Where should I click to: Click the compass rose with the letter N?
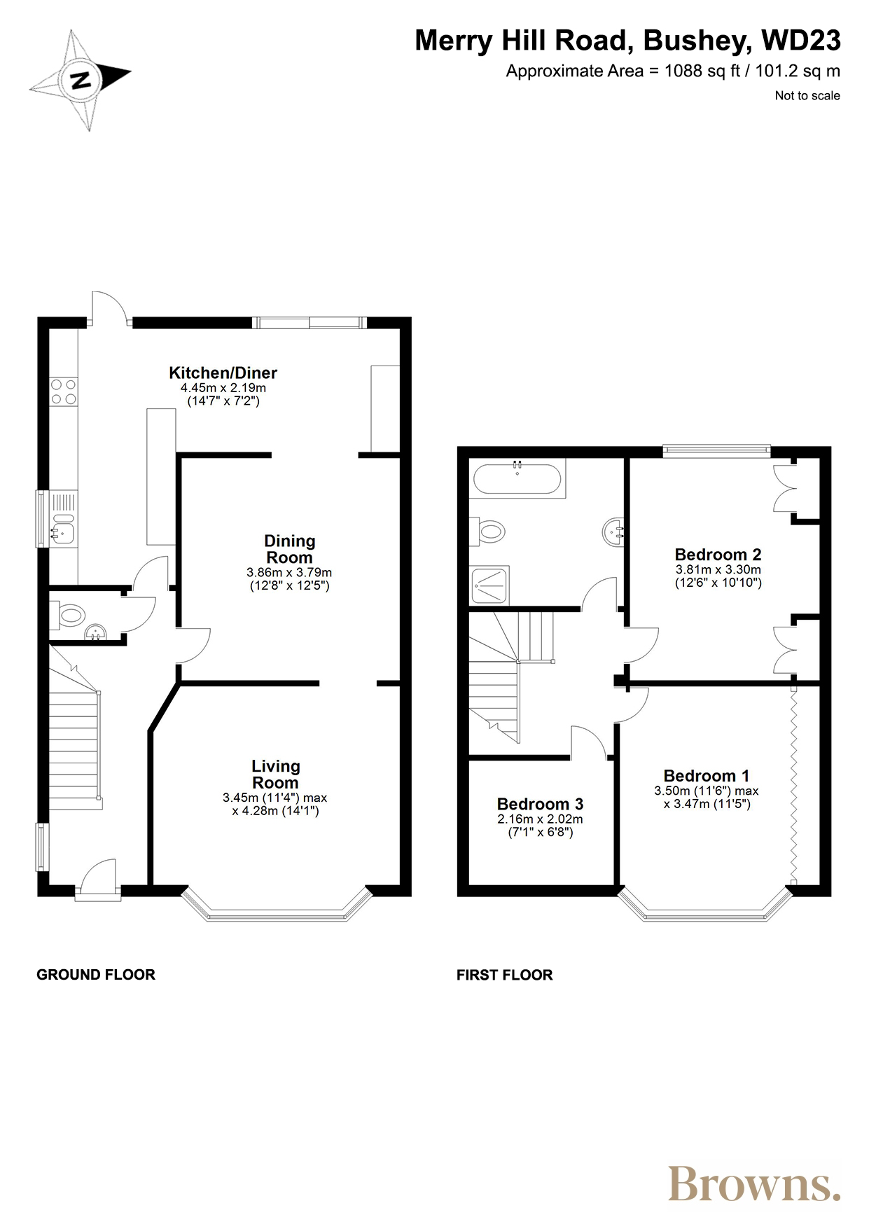coord(81,80)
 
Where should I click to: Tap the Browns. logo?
coord(753,1184)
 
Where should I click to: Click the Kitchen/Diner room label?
coord(223,373)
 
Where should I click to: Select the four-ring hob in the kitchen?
coord(64,391)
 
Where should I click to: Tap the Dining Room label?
coord(289,550)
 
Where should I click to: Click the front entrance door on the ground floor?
coord(98,879)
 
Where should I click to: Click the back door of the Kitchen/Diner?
coord(110,310)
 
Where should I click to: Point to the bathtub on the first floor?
coord(517,480)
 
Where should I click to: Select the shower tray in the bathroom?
coord(490,585)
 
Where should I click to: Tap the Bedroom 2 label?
coord(718,555)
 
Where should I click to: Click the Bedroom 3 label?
coord(540,804)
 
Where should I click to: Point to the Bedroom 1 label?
coord(706,776)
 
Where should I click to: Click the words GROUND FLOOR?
coord(96,975)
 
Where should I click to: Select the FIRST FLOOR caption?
coord(504,975)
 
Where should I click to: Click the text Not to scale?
coord(807,96)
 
